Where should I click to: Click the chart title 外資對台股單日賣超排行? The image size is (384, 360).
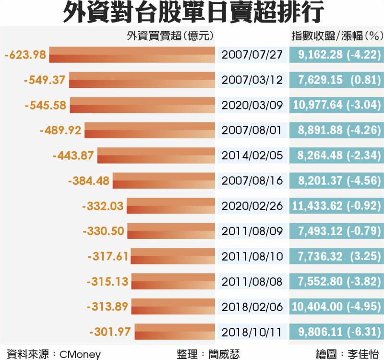192,13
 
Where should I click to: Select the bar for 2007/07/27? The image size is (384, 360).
132,55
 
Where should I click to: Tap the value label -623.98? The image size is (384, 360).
25,55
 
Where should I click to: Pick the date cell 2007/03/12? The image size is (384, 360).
252,80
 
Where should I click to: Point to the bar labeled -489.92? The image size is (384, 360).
150,130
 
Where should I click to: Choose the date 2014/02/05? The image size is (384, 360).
252,156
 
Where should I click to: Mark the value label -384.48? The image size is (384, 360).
89,181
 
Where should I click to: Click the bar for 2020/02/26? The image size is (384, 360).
171,206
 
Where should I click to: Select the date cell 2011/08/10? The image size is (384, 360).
252,256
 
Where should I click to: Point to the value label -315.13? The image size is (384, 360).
108,281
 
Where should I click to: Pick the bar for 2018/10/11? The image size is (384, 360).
175,332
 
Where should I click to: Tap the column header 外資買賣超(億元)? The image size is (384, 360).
170,36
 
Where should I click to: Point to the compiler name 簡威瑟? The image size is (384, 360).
221,354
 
